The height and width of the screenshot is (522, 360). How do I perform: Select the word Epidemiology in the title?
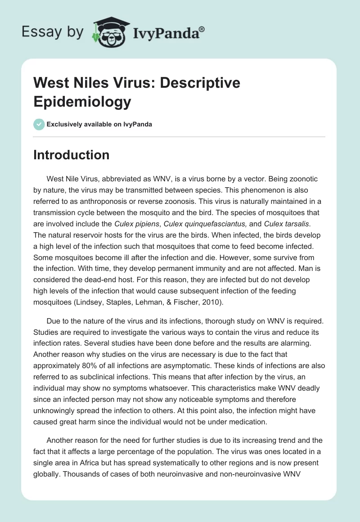tap(83, 101)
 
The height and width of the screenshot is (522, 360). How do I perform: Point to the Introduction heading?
tap(72, 155)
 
